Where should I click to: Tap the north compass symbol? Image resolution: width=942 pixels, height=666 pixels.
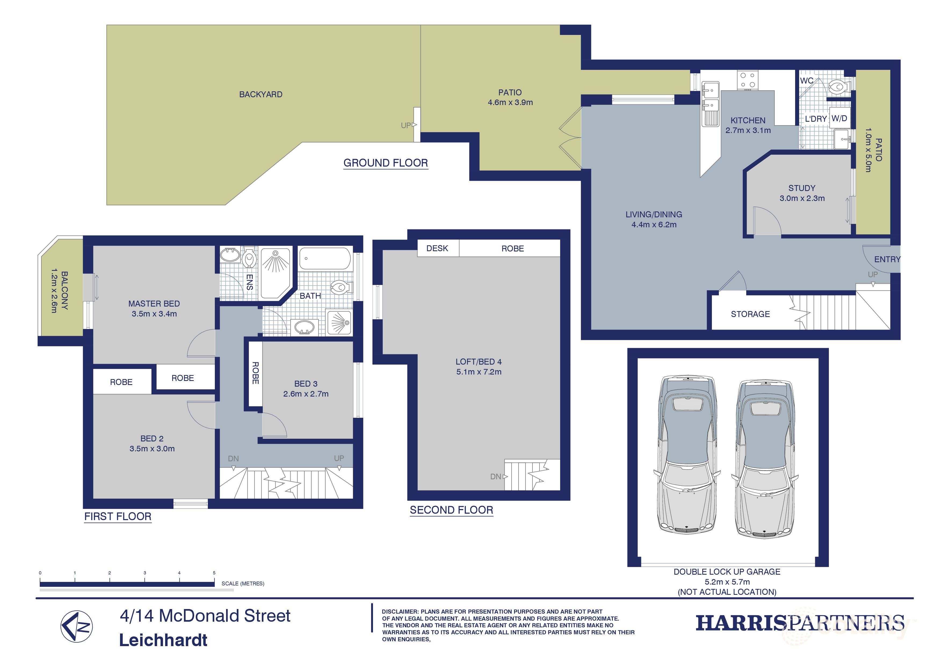point(77,627)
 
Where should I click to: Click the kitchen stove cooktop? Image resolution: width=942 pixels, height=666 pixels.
point(748,80)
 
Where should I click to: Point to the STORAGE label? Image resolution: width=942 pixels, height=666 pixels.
point(750,314)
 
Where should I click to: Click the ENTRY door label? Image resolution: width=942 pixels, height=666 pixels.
point(887,259)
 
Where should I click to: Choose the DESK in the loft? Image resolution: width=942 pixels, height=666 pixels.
point(437,248)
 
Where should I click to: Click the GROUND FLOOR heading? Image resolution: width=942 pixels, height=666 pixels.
point(385,163)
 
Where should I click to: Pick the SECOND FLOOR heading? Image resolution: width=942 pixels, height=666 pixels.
point(451,510)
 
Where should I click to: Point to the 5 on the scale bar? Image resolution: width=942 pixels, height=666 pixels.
point(214,573)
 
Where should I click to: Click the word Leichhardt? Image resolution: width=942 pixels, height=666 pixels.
point(163,640)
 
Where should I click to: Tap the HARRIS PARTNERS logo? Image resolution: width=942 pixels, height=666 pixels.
point(800,623)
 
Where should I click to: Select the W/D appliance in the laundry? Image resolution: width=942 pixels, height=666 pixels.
point(839,118)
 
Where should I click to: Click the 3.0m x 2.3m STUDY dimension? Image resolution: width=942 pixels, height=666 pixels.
point(802,198)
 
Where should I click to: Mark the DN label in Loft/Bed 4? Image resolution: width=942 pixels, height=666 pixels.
point(496,476)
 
